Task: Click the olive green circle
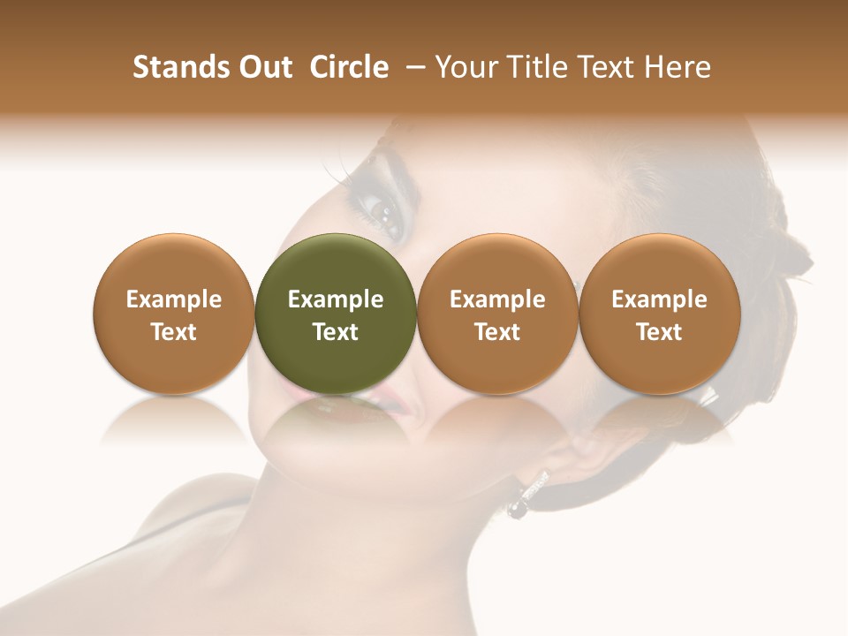[335, 265]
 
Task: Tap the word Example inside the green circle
[335, 299]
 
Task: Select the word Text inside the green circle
[335, 332]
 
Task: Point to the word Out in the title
[262, 67]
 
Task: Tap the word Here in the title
[678, 67]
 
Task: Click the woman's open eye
[385, 211]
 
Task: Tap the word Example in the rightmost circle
[659, 299]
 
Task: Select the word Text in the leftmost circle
[173, 332]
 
